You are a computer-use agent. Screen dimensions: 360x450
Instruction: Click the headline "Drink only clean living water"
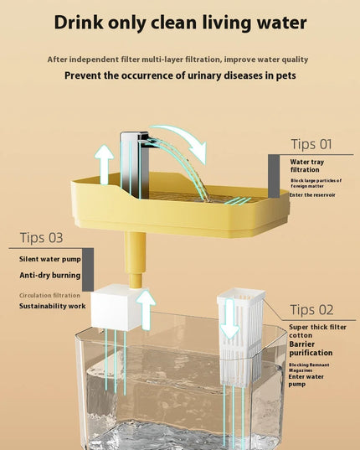click(180, 23)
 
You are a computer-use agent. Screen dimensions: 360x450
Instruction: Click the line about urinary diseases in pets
click(180, 75)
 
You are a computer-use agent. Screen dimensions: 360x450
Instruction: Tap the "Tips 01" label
click(311, 144)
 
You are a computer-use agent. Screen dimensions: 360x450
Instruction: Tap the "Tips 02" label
click(311, 310)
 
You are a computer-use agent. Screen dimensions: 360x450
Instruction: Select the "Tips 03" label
click(42, 238)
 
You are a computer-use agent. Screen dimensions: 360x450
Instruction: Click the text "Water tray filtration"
click(307, 166)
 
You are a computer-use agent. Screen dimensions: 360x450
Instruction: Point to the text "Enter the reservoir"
click(312, 195)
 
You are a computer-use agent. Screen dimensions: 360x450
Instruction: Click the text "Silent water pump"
click(50, 259)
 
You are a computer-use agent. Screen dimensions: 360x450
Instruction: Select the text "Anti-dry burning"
click(50, 275)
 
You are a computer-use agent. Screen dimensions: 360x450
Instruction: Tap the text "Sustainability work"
click(53, 306)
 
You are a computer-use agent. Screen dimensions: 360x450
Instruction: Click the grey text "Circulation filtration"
click(49, 295)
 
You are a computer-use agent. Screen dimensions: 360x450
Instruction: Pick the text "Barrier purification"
click(311, 349)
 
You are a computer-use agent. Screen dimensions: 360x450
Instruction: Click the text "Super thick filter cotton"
click(317, 331)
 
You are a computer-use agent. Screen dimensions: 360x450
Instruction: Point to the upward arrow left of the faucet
click(104, 164)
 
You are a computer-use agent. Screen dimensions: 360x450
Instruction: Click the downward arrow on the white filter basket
click(230, 318)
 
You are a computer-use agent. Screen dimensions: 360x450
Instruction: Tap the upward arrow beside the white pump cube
click(146, 310)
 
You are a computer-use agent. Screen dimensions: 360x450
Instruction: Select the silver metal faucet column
click(135, 164)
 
